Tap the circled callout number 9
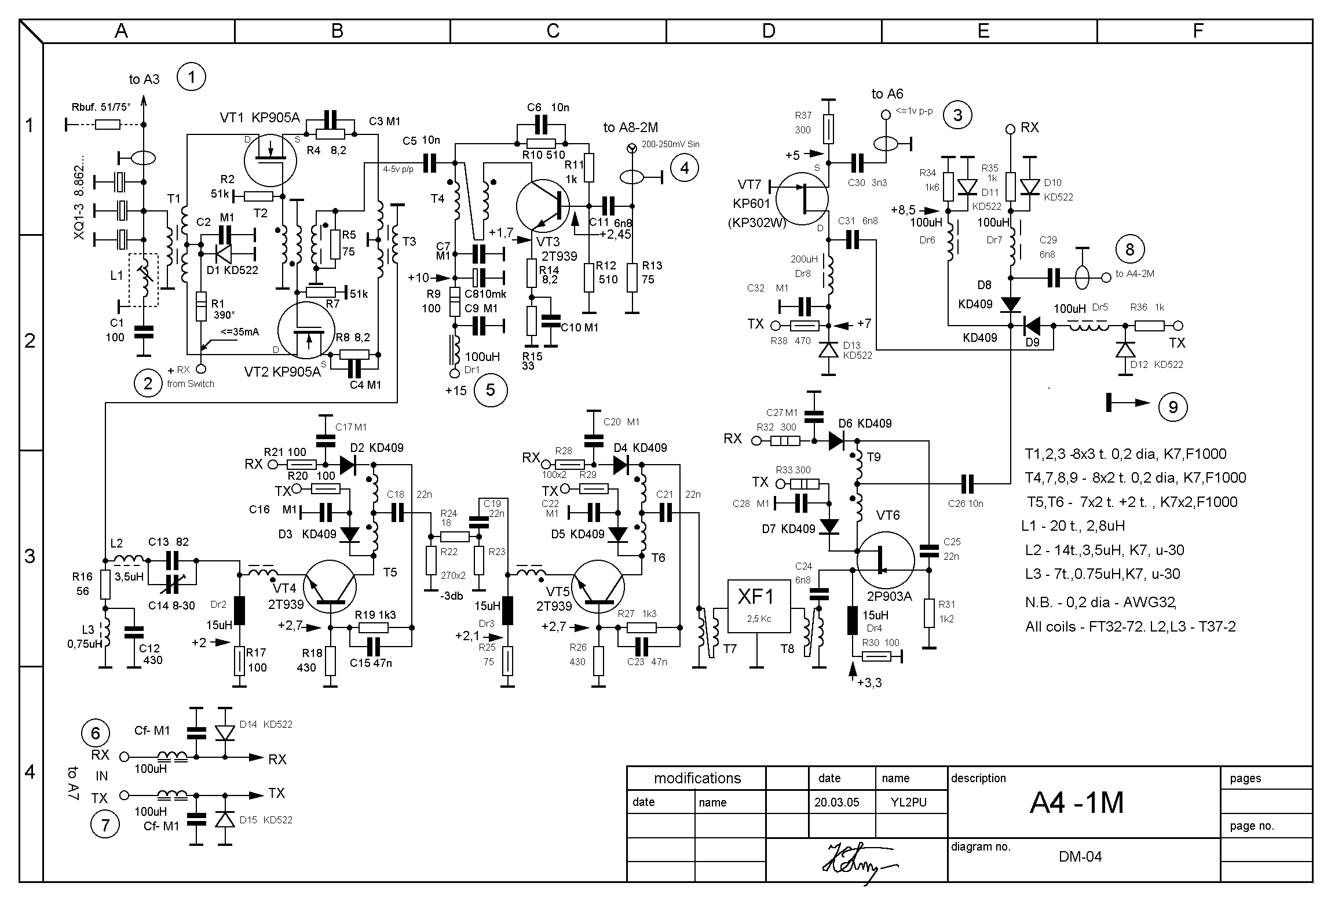pos(1172,407)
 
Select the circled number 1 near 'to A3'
pos(191,76)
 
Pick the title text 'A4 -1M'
pos(1077,803)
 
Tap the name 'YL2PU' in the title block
pos(909,802)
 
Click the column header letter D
pos(768,31)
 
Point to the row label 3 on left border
pos(30,557)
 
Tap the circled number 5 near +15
pos(490,390)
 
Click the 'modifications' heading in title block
pos(697,778)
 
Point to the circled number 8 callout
pos(1129,249)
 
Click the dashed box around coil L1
pos(143,280)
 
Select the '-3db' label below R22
pos(451,596)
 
